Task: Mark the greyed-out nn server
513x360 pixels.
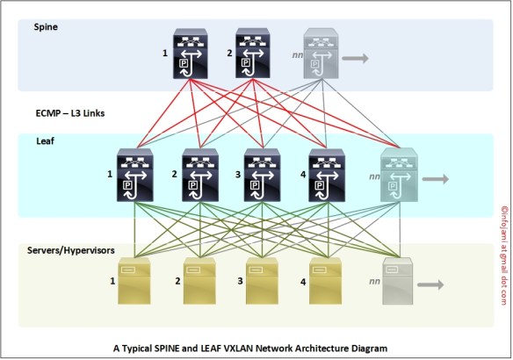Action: [421, 281]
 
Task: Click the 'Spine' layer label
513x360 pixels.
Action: [47, 27]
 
